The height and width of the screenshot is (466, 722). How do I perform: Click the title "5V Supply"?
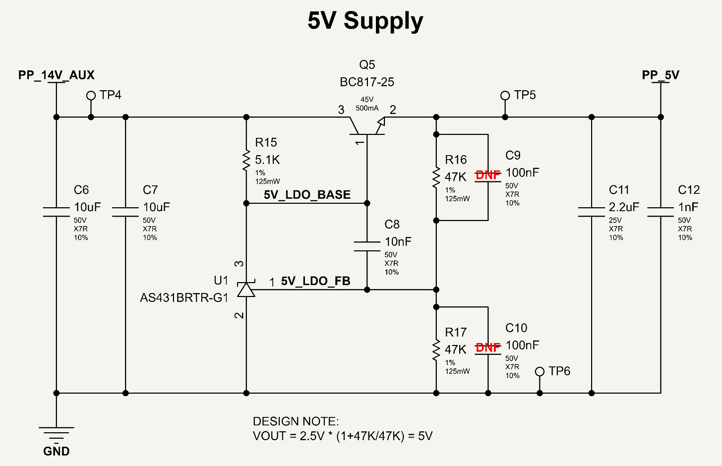365,21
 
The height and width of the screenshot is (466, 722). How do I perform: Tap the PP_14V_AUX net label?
57,75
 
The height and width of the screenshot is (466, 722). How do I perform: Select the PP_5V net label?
661,75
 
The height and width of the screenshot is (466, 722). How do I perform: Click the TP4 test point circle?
91,95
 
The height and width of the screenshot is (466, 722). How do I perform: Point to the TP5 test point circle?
505,95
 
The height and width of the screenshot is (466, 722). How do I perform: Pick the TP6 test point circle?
540,372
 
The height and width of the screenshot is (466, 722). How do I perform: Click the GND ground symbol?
57,433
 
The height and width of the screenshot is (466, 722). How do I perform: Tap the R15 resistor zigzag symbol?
246,160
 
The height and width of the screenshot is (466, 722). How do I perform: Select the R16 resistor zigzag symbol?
436,177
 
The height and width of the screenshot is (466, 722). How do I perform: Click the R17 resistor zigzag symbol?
436,350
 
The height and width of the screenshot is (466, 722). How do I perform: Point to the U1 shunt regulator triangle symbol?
246,289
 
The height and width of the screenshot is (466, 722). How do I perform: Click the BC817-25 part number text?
367,82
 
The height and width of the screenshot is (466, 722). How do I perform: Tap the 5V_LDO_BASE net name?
307,195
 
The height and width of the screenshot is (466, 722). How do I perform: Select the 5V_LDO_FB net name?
315,281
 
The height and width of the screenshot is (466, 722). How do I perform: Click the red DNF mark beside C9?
488,175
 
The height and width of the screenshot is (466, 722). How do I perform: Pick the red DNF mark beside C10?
488,348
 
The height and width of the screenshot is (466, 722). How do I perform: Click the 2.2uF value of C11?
624,207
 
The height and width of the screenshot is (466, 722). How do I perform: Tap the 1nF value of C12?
688,207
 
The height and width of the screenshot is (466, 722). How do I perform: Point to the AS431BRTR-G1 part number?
184,298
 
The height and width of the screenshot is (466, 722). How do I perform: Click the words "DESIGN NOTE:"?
296,421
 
